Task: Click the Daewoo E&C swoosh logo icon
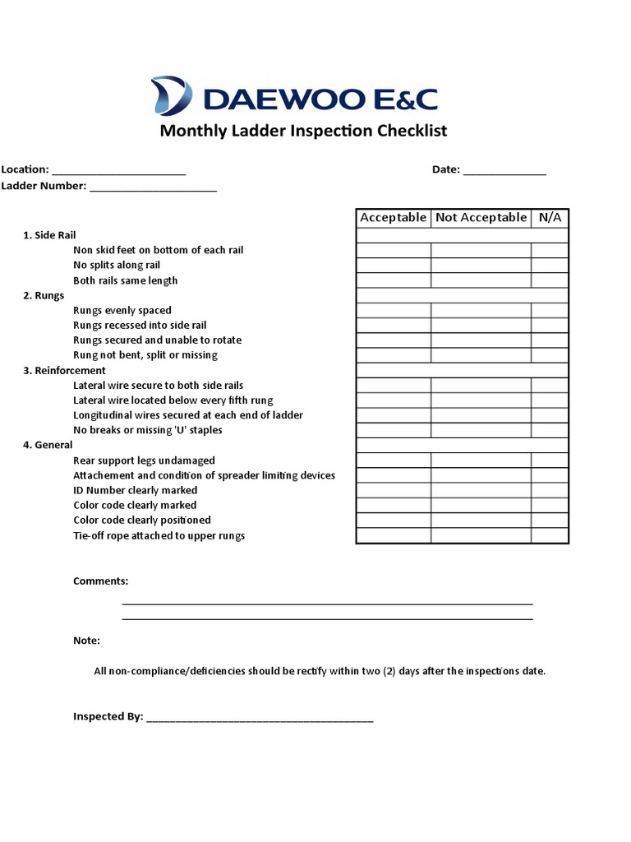(171, 95)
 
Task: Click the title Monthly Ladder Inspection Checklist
(303, 131)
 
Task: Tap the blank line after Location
(118, 170)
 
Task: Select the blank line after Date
(504, 170)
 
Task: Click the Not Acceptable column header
(481, 217)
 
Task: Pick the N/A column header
(550, 217)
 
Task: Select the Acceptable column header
(393, 217)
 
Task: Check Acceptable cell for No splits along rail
(394, 266)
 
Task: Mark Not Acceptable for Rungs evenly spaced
(481, 311)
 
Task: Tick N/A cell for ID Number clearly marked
(550, 490)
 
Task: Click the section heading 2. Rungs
(44, 295)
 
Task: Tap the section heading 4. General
(48, 445)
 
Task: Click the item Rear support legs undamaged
(144, 460)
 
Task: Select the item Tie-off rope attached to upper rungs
(159, 535)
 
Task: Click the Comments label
(100, 581)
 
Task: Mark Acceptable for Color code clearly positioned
(394, 520)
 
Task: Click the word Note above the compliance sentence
(86, 641)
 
